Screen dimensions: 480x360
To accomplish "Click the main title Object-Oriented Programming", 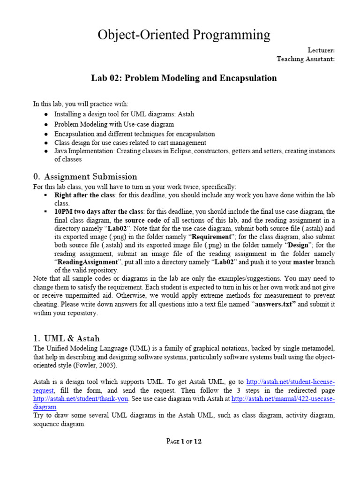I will (x=184, y=35).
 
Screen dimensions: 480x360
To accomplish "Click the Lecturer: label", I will (x=321, y=50).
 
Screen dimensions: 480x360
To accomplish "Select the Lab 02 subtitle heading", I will (x=184, y=78).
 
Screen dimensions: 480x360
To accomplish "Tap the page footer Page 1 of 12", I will (x=184, y=441).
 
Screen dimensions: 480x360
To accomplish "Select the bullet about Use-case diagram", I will (x=114, y=124).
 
